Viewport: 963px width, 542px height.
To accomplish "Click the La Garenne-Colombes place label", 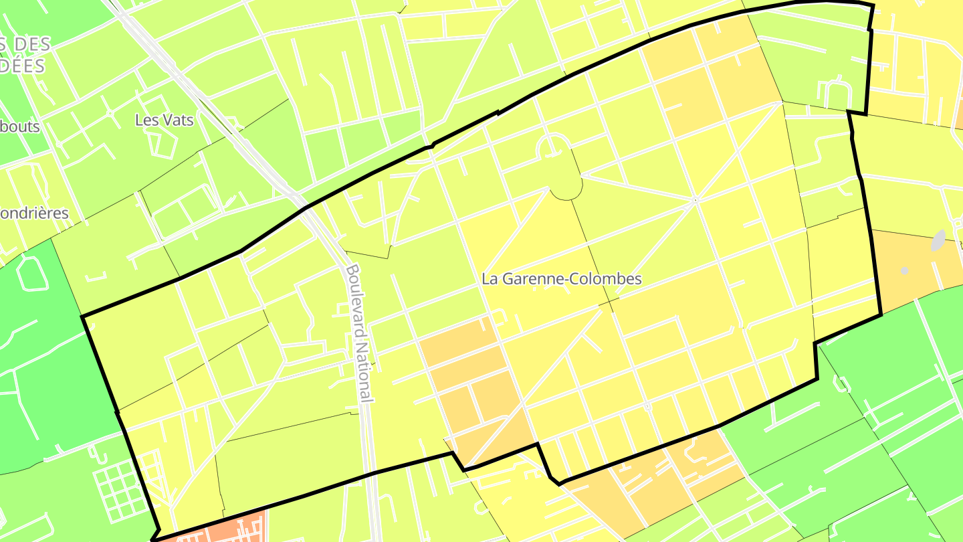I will click(562, 279).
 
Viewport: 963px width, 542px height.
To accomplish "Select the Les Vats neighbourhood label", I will click(164, 120).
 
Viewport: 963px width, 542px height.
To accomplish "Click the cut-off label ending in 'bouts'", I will click(20, 126).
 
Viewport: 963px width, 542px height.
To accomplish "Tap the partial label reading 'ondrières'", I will click(34, 213).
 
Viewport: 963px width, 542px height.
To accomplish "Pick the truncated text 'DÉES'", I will click(23, 66).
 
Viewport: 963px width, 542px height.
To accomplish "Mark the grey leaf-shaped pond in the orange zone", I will click(939, 241).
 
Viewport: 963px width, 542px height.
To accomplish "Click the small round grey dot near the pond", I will click(905, 270).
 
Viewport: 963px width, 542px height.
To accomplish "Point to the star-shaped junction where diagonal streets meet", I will click(695, 199).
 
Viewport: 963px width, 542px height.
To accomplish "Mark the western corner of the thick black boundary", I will click(82, 315).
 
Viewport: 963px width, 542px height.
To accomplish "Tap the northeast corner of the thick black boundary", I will click(872, 5).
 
